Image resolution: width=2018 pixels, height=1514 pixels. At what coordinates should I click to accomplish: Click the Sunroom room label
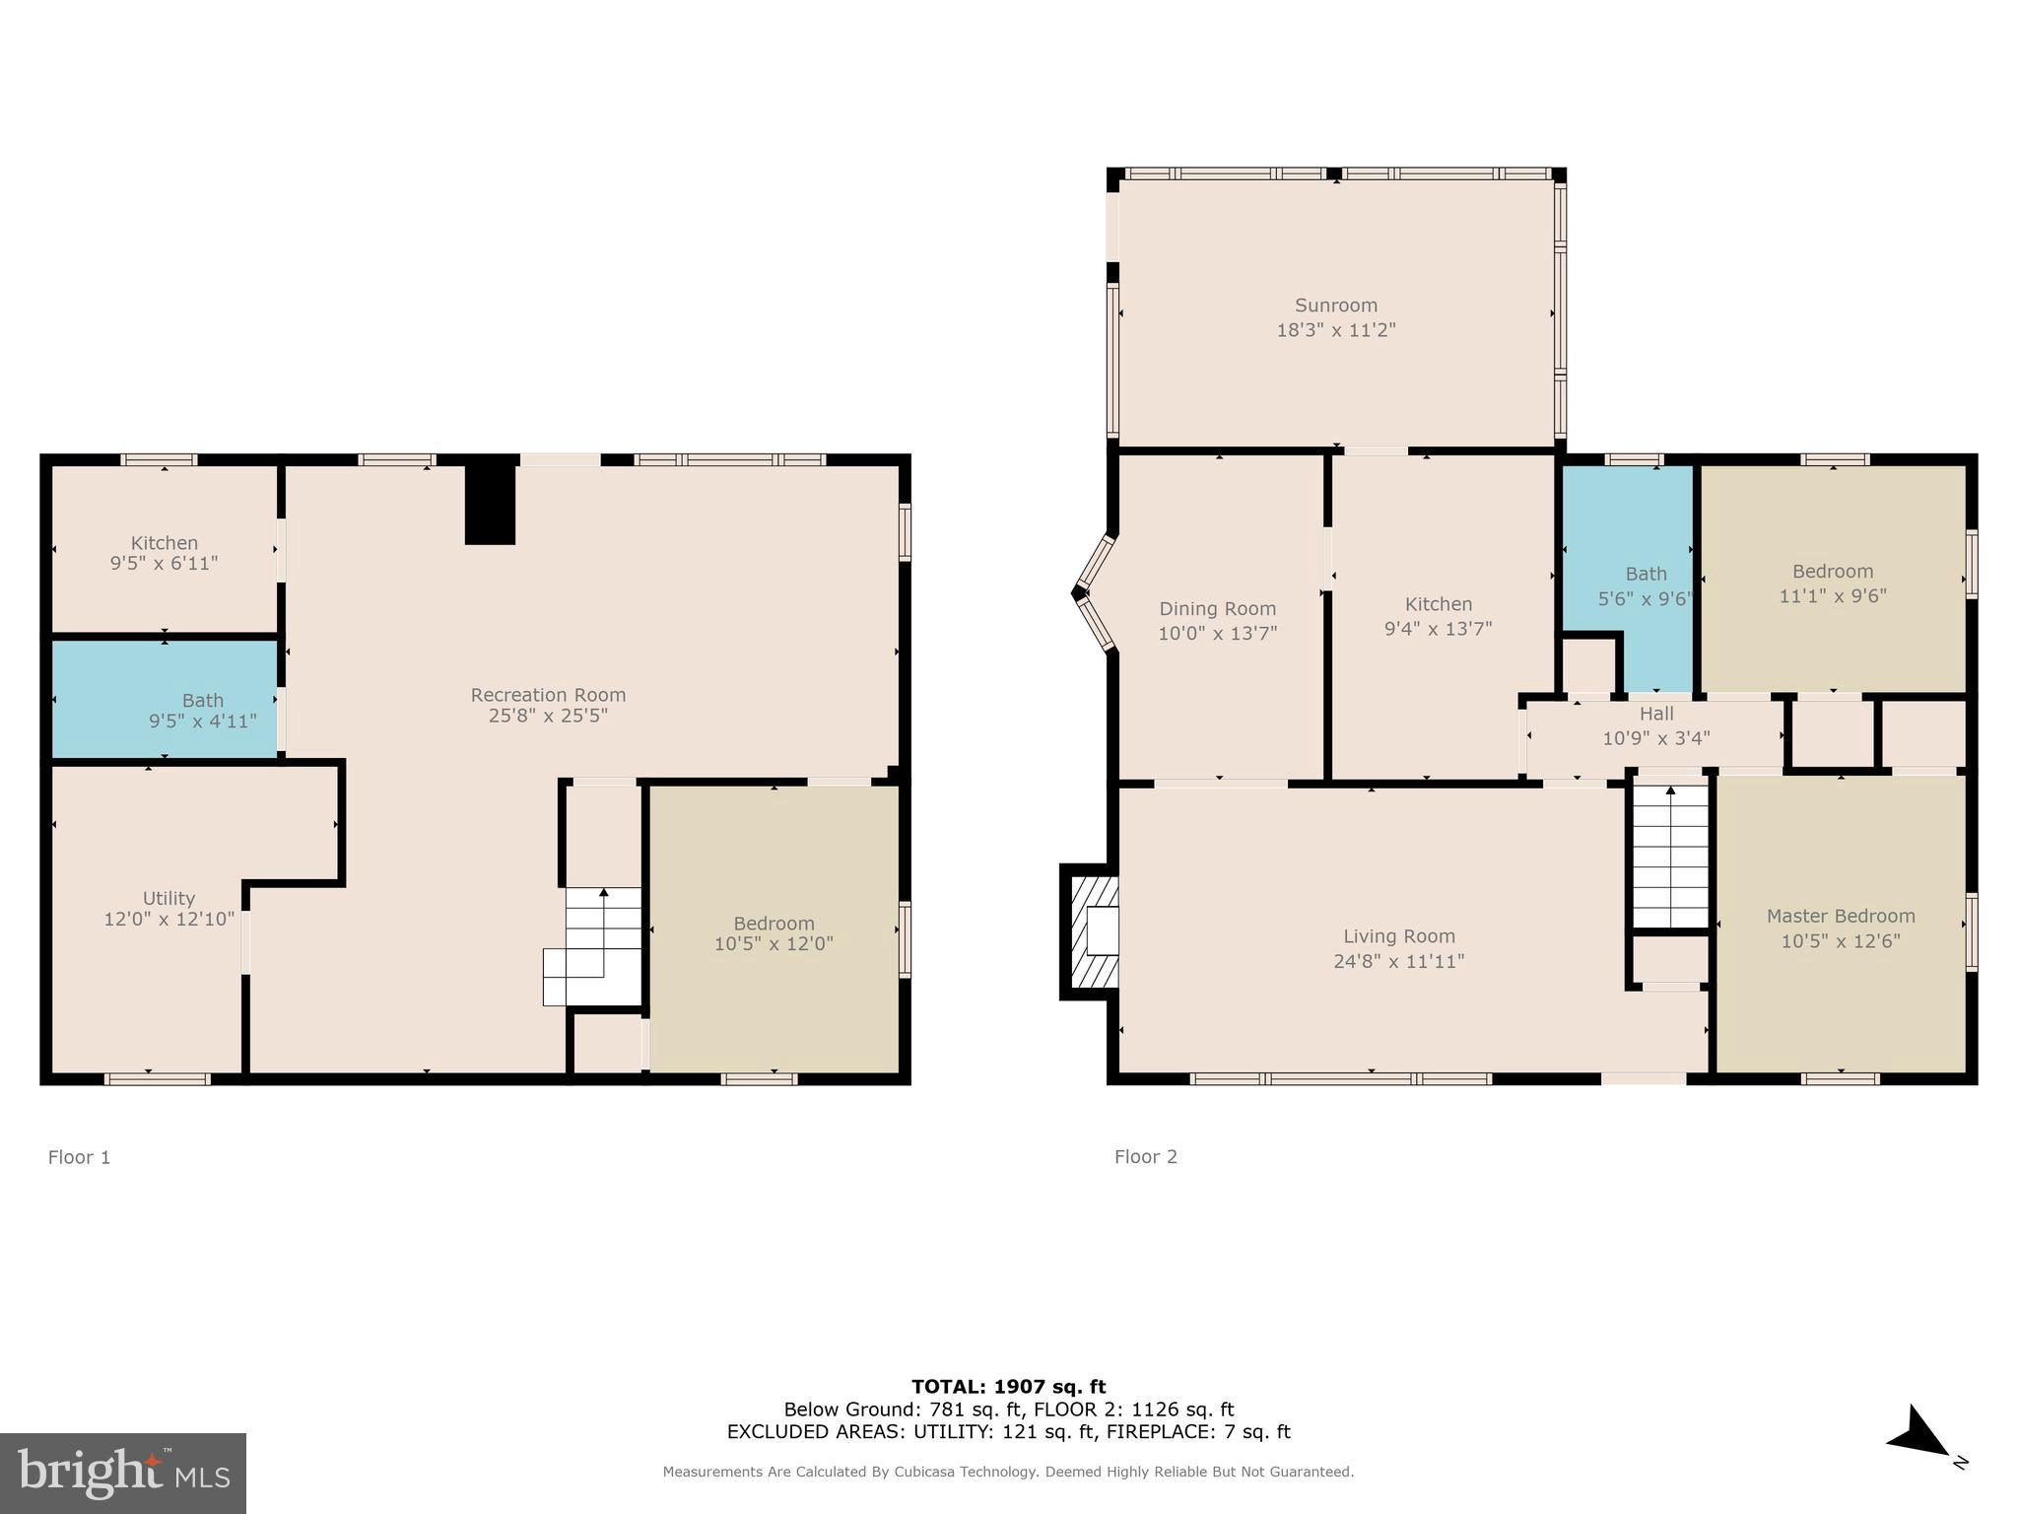(1335, 306)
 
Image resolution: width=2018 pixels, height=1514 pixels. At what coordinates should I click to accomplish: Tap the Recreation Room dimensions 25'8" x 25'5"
(548, 716)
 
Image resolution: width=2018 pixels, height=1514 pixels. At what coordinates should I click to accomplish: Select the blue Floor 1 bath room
(164, 700)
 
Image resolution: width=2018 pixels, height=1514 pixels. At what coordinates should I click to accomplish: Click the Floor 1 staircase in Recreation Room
(596, 946)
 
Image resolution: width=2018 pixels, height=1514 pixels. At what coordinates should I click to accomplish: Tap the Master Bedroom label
(1840, 916)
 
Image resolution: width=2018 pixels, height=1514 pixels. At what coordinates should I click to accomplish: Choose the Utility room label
(168, 898)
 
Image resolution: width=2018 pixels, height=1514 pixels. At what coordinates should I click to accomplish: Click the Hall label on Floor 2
(1656, 714)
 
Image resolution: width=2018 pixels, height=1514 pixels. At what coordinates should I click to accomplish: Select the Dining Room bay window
(1094, 593)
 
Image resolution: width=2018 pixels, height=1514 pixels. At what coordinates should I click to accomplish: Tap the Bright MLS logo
(123, 1474)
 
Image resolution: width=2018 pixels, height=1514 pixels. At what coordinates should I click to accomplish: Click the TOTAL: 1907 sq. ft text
(1008, 1387)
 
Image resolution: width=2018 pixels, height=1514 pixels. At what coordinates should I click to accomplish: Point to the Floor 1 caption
(79, 1157)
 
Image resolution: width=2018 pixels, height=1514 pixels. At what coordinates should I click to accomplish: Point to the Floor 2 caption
(1145, 1157)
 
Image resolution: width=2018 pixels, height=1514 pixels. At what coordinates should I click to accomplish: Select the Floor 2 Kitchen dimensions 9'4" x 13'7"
(1438, 629)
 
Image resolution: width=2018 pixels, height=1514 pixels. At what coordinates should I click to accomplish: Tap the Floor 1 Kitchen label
(165, 542)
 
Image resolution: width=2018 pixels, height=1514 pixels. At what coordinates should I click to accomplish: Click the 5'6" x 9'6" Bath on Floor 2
(1644, 586)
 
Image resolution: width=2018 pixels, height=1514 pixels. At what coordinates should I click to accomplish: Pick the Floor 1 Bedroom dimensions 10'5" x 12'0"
(774, 944)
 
